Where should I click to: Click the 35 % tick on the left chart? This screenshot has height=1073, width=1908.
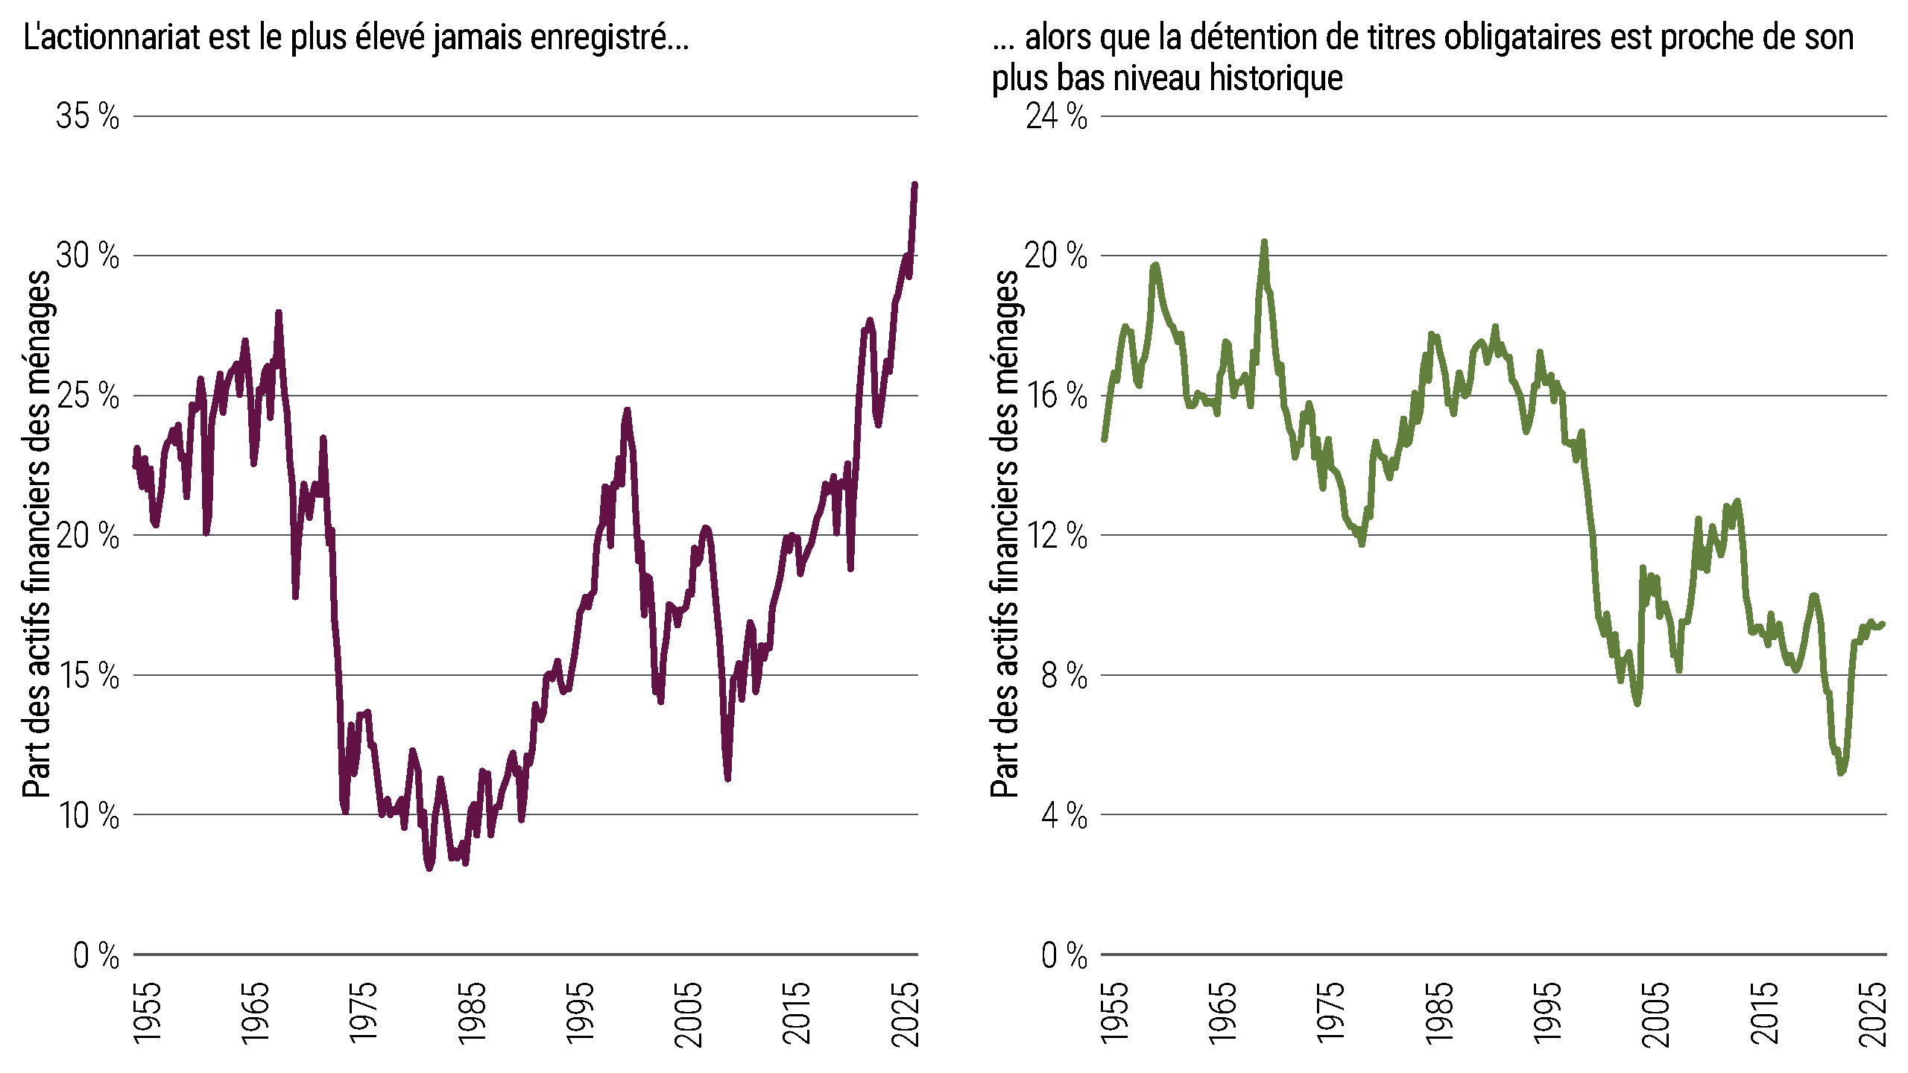pos(87,116)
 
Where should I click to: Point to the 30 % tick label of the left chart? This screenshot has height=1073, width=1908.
pos(87,256)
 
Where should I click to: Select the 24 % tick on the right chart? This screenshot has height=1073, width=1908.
pos(1056,116)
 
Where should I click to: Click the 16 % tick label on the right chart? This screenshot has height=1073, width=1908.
pos(1056,396)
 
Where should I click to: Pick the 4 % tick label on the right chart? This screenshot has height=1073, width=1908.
pos(1064,815)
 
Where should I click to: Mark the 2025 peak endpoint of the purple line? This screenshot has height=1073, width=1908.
pos(914,185)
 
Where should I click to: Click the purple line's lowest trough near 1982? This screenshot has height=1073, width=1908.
pos(429,867)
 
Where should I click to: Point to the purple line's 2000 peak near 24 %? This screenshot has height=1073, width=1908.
pos(627,411)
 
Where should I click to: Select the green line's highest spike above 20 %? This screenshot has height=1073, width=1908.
pos(1264,243)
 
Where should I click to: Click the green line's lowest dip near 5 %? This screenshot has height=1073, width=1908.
pos(1841,772)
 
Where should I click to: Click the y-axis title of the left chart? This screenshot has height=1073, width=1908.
pos(36,534)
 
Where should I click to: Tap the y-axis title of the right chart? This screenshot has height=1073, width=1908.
pos(1004,534)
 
